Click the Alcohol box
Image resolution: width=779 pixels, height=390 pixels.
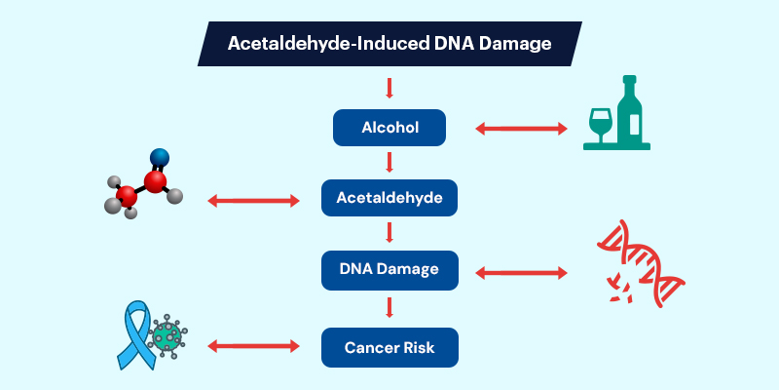click(389, 129)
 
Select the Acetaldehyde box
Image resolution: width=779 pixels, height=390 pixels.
click(389, 200)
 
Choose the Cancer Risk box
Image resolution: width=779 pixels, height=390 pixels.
click(389, 345)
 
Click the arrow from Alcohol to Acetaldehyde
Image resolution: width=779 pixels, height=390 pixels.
click(389, 162)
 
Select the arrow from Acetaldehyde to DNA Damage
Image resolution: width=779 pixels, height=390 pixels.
click(389, 234)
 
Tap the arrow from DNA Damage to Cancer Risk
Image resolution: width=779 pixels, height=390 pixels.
click(389, 307)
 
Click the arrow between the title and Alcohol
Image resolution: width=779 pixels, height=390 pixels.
click(389, 89)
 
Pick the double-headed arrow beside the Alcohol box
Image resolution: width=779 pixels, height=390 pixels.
click(520, 129)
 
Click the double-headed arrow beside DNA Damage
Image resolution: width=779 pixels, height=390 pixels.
click(520, 273)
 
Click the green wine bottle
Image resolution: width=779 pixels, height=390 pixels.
click(633, 115)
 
